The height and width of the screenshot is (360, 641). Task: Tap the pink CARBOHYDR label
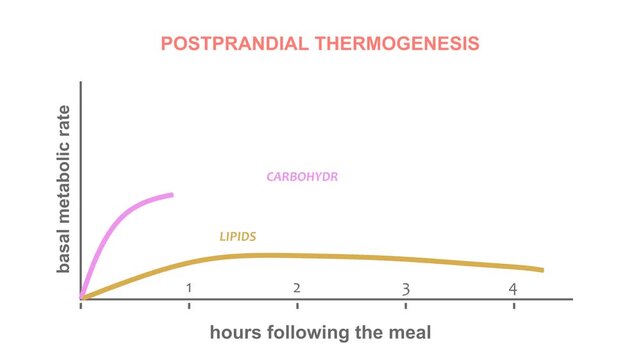[302, 177]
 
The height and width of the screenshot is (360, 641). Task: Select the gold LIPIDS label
[238, 237]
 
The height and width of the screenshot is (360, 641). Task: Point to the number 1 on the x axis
[188, 289]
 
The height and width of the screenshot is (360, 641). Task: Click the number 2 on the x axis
[297, 289]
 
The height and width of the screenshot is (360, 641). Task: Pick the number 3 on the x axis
[405, 289]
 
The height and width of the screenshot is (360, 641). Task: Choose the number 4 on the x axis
[513, 289]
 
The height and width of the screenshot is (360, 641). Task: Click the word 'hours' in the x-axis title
[237, 331]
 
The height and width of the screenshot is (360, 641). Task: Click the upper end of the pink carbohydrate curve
[172, 195]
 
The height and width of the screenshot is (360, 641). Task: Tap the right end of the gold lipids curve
[542, 270]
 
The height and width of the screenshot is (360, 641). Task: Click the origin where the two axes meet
[81, 298]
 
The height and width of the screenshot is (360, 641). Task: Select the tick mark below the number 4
[514, 303]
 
